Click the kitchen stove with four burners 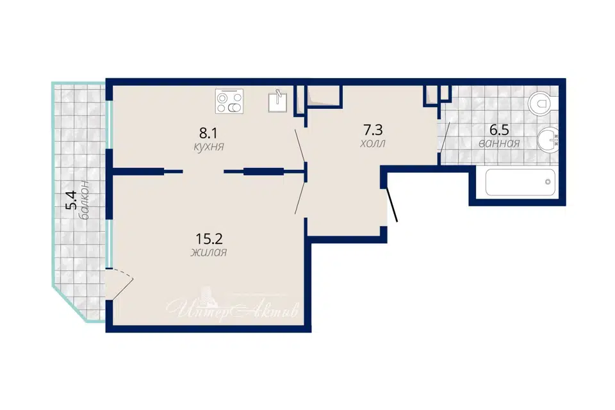pos(229,101)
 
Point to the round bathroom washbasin pos(548,140)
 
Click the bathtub pos(520,182)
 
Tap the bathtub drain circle pos(548,182)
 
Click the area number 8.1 pos(208,133)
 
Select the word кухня pos(209,147)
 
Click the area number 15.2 pos(209,238)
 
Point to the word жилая pos(209,252)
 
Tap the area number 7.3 pos(373,129)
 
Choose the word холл pos(373,143)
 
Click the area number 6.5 pos(499,129)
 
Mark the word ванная pos(499,143)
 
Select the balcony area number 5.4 pos(70,200)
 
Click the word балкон pos(85,200)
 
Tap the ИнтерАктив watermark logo pos(232,307)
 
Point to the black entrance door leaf pos(392,205)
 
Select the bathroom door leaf pos(445,137)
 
